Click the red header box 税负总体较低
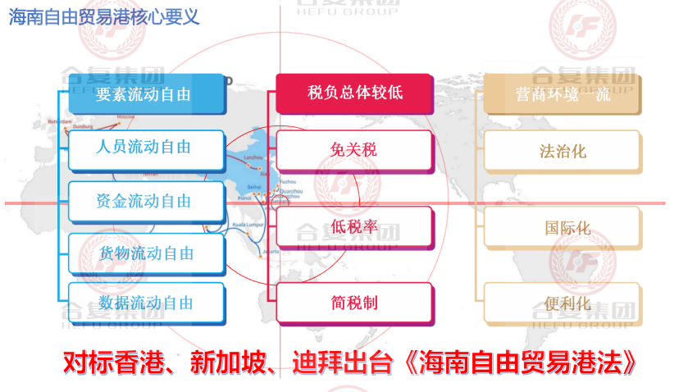tap(353, 93)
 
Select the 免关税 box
tap(353, 150)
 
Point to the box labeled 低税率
tap(353, 226)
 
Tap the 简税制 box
tap(353, 303)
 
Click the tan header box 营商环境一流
tap(563, 93)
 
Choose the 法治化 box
tap(563, 151)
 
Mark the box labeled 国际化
tap(563, 227)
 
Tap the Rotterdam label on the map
tap(61, 121)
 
